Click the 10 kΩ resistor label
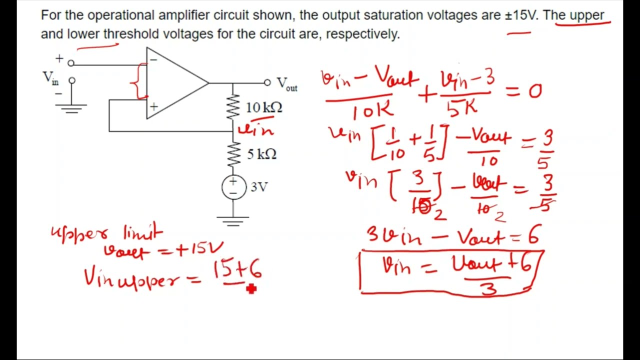pos(264,107)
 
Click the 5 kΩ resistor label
pos(261,154)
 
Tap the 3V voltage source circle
pos(233,187)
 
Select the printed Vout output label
pos(287,83)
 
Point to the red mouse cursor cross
pos(251,288)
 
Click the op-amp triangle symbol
pos(175,83)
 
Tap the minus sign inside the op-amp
pos(153,60)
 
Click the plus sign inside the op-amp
pos(153,106)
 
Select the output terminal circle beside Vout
pos(267,82)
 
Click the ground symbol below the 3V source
pos(233,220)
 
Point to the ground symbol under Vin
pos(72,108)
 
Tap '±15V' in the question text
pos(520,15)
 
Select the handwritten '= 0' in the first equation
pos(526,91)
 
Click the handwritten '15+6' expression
pos(237,270)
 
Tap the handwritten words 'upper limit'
pos(106,232)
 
